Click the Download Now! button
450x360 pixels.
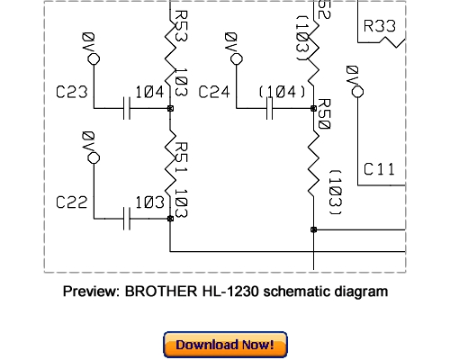(x=225, y=345)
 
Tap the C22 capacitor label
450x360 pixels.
(x=72, y=202)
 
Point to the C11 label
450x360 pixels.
(x=379, y=168)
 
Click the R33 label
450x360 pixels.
(x=379, y=27)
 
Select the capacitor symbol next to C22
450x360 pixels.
(x=128, y=218)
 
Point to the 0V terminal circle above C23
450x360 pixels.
(x=91, y=59)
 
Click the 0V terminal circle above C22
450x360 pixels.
(x=91, y=157)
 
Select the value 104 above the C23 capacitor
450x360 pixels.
(x=148, y=91)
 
